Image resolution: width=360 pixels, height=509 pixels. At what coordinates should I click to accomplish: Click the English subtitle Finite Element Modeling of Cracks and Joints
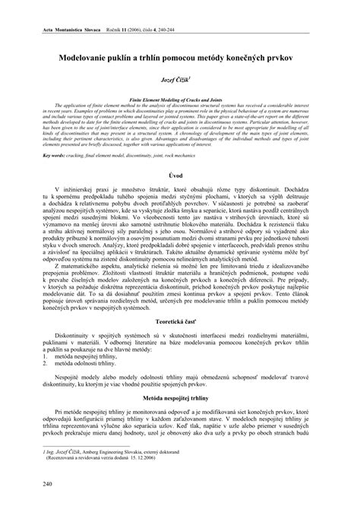(180, 99)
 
